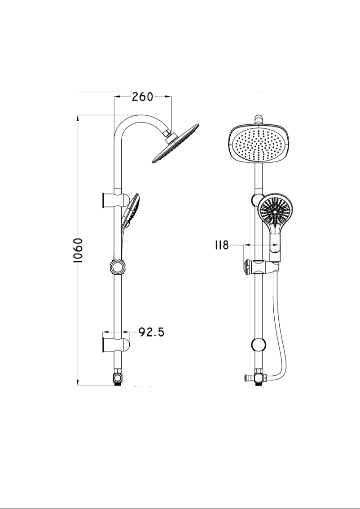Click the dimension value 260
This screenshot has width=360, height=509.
[x=142, y=97]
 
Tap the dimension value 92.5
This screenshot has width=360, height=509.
[x=151, y=332]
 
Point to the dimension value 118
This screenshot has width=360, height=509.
[x=222, y=245]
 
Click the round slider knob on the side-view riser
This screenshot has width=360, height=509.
[x=118, y=268]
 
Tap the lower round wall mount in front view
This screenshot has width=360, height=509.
[x=259, y=345]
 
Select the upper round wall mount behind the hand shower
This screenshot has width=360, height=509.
[x=256, y=200]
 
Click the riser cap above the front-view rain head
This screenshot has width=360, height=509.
[x=258, y=119]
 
